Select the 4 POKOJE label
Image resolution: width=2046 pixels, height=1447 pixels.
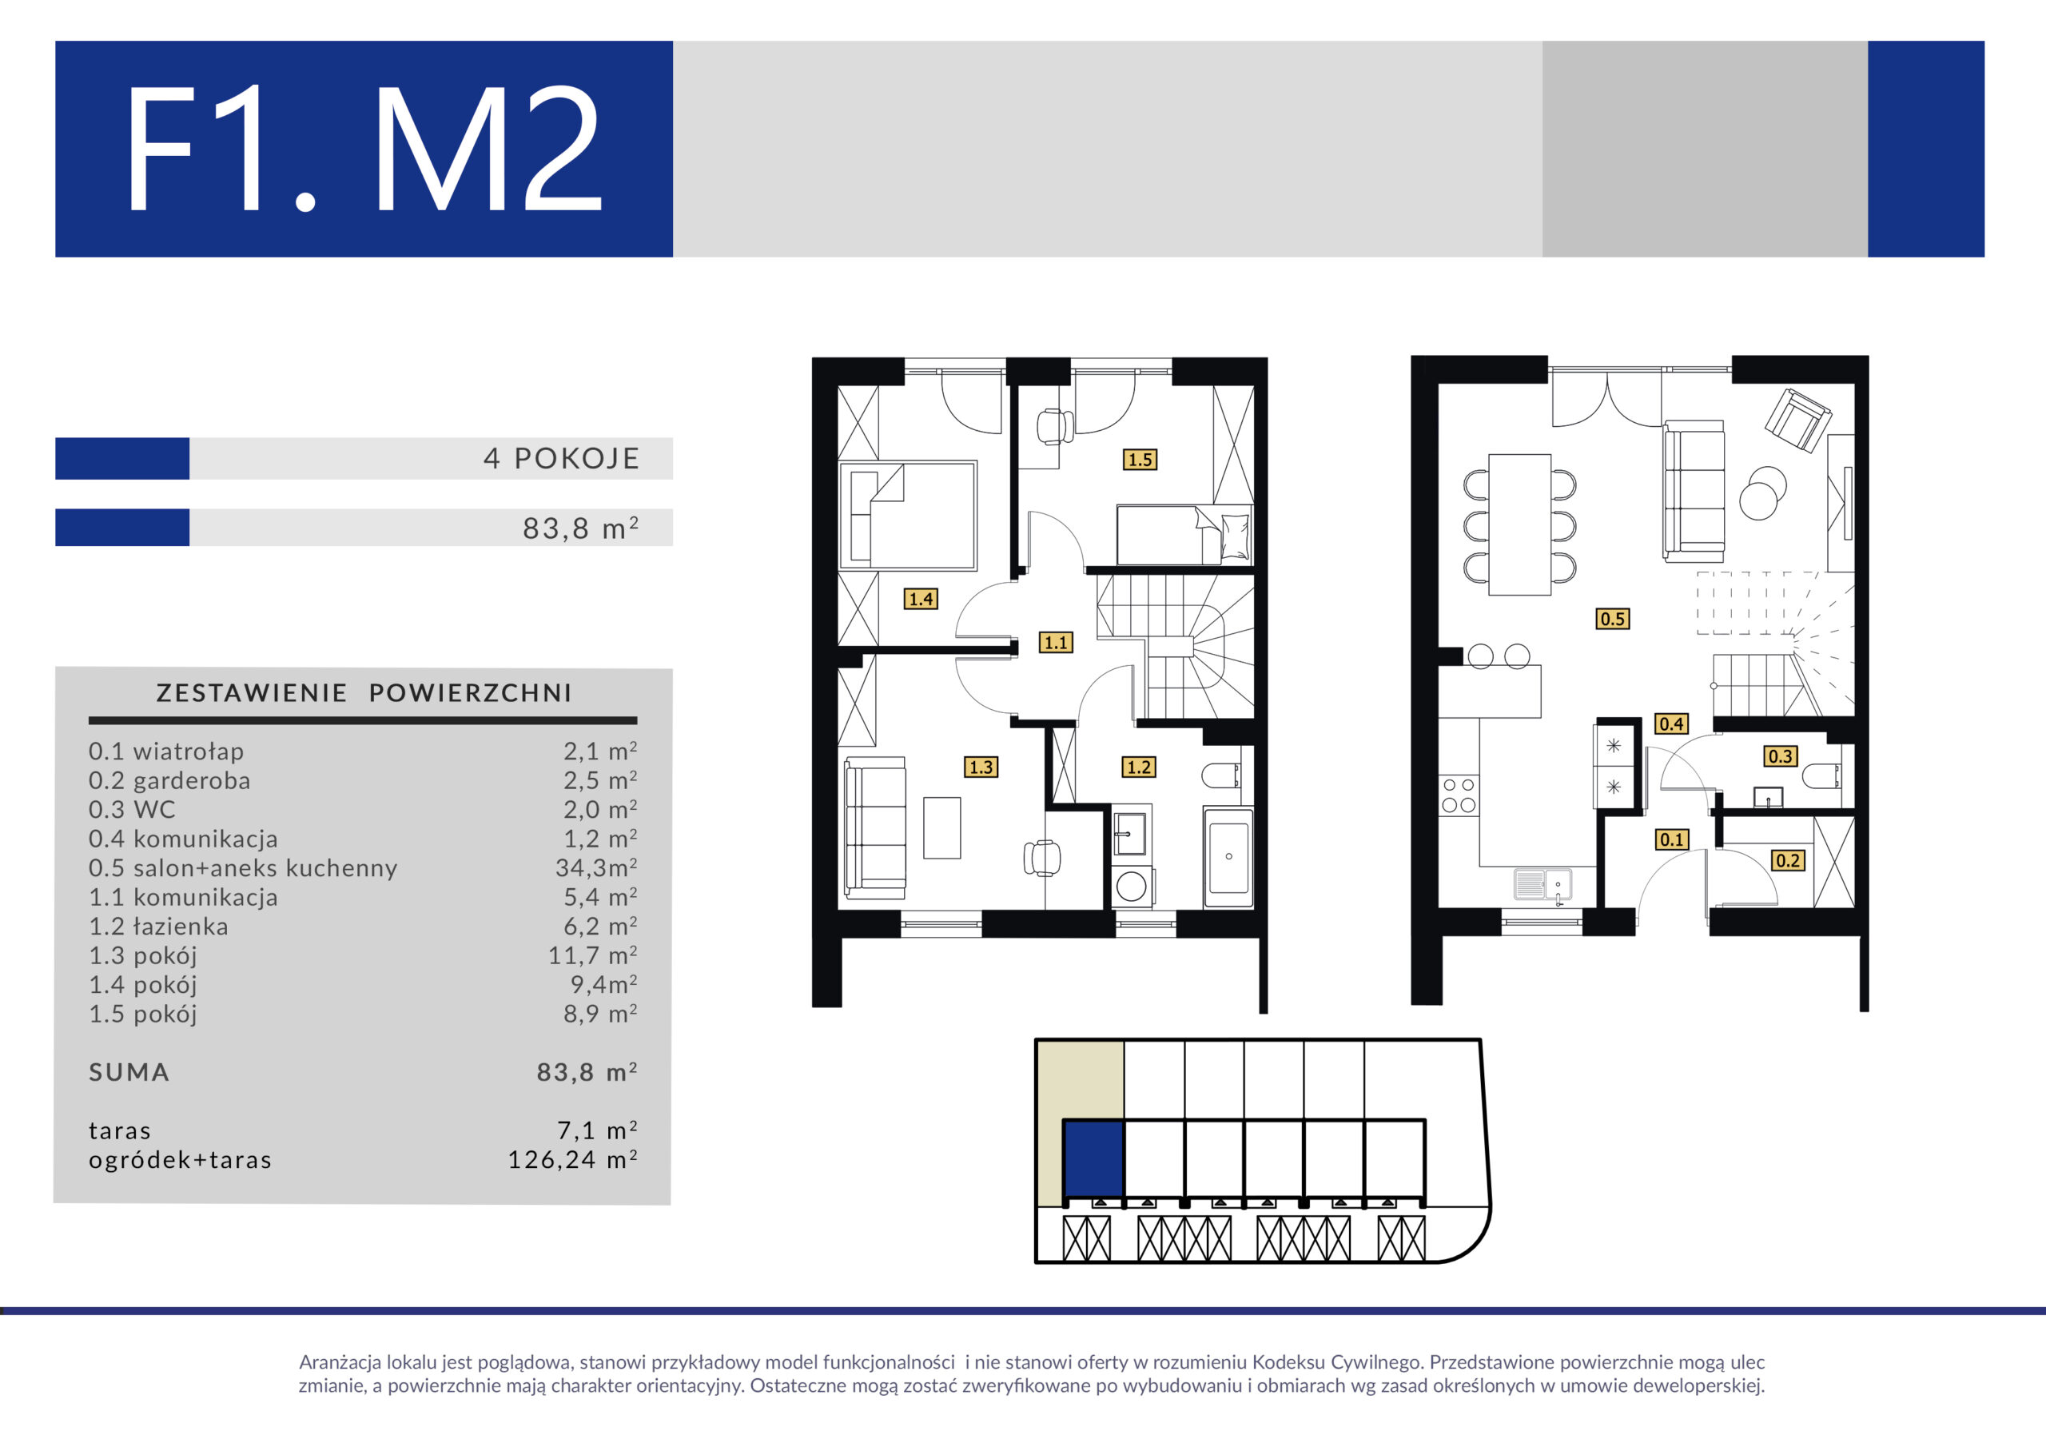561,458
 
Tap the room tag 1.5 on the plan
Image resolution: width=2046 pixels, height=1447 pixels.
1140,459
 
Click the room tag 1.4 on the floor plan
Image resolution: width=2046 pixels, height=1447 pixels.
921,598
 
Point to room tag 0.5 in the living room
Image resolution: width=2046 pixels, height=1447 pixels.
1612,618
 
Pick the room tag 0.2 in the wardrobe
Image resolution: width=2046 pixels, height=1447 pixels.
1788,860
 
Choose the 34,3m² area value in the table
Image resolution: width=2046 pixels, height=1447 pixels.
596,867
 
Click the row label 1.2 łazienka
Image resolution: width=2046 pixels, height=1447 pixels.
158,927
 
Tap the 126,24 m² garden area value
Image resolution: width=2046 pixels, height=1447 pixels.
572,1159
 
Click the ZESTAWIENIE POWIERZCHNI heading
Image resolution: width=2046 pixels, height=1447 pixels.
364,693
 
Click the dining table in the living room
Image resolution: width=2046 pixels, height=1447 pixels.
1520,524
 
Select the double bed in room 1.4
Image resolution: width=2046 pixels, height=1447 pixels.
908,516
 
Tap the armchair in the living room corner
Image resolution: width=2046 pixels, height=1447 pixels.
1797,421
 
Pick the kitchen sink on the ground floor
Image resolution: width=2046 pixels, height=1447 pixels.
1542,884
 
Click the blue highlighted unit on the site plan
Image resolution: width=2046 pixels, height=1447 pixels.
1094,1159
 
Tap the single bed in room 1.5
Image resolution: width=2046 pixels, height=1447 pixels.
1184,535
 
